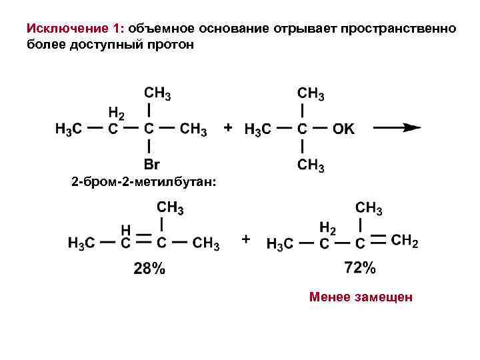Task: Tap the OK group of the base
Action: [344, 129]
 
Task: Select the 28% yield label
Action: [149, 269]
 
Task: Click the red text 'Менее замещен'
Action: [361, 297]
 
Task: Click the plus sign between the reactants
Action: [229, 127]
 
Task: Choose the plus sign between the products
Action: [246, 237]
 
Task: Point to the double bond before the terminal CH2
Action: [378, 239]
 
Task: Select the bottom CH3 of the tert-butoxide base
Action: [310, 165]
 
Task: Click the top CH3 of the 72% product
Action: [369, 208]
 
